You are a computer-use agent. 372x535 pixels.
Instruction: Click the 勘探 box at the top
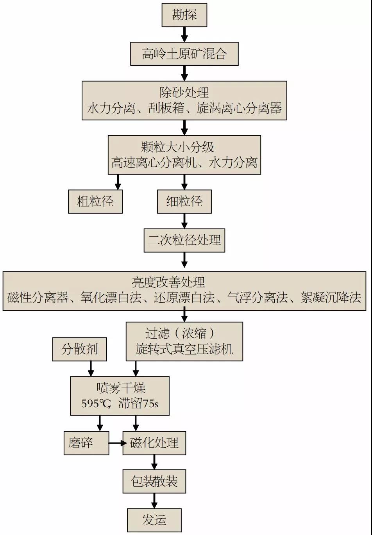pos(184,15)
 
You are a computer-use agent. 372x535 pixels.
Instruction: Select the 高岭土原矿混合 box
pos(184,54)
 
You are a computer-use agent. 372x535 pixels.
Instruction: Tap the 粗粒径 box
pos(95,202)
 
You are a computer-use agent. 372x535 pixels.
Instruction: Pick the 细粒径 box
pos(184,202)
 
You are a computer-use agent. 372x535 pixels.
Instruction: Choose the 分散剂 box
pos(80,349)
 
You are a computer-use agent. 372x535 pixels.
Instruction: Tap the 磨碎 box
pos(86,443)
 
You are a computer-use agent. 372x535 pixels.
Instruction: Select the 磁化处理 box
pos(154,443)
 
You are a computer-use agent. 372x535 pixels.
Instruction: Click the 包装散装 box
pos(154,481)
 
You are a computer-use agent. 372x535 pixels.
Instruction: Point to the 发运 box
pos(154,520)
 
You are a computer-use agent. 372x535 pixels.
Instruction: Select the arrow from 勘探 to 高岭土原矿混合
pos(184,34)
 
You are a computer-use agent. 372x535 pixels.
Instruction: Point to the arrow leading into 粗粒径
pos(118,182)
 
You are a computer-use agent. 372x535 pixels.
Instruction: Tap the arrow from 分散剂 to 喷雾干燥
pos(91,369)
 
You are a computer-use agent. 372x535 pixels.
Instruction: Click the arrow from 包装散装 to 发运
pos(154,501)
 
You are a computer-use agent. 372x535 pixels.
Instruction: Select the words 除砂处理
pos(184,93)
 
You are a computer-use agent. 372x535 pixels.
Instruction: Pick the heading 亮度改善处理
pos(184,282)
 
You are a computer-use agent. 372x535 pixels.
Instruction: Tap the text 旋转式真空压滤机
pos(184,349)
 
